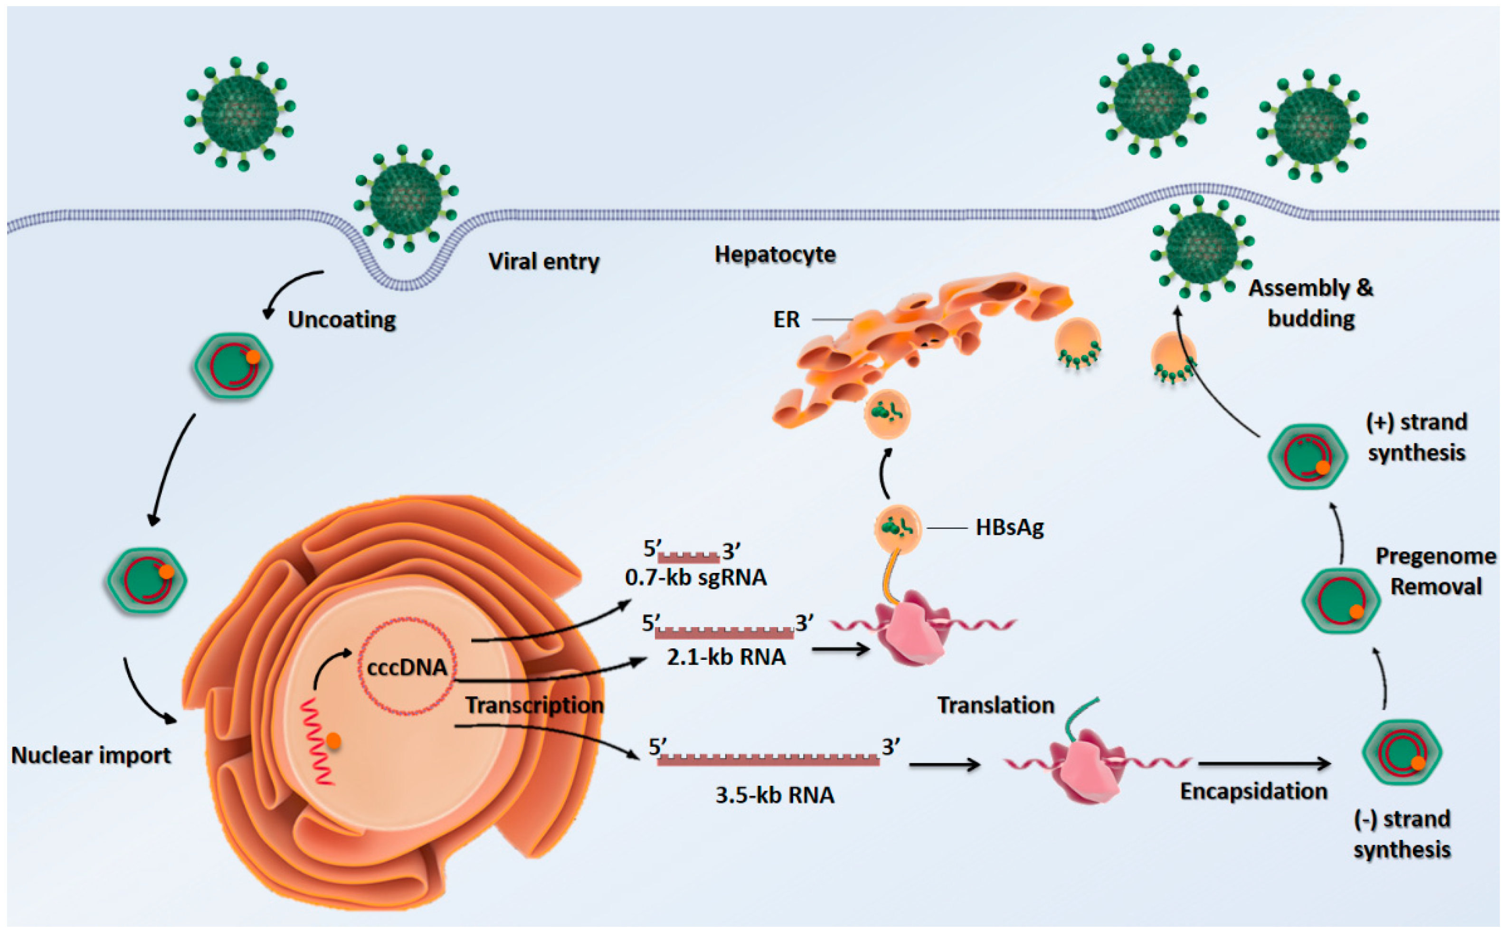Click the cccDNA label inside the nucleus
pyautogui.click(x=407, y=667)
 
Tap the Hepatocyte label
pyautogui.click(x=775, y=255)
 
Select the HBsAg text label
pyautogui.click(x=1009, y=528)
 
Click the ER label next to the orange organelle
pyautogui.click(x=786, y=319)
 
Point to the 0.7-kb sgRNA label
pyautogui.click(x=696, y=578)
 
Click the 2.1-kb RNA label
pyautogui.click(x=726, y=657)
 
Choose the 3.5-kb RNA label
pyautogui.click(x=775, y=795)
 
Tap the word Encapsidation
pyautogui.click(x=1253, y=791)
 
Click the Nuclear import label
pyautogui.click(x=91, y=755)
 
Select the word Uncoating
pyautogui.click(x=342, y=319)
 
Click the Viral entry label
pyautogui.click(x=543, y=261)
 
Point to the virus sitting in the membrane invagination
pyautogui.click(x=406, y=199)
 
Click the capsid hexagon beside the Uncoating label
pyautogui.click(x=232, y=366)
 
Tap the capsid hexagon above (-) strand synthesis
pyautogui.click(x=1401, y=752)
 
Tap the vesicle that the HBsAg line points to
pyautogui.click(x=898, y=528)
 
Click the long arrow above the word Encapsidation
pyautogui.click(x=1263, y=764)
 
